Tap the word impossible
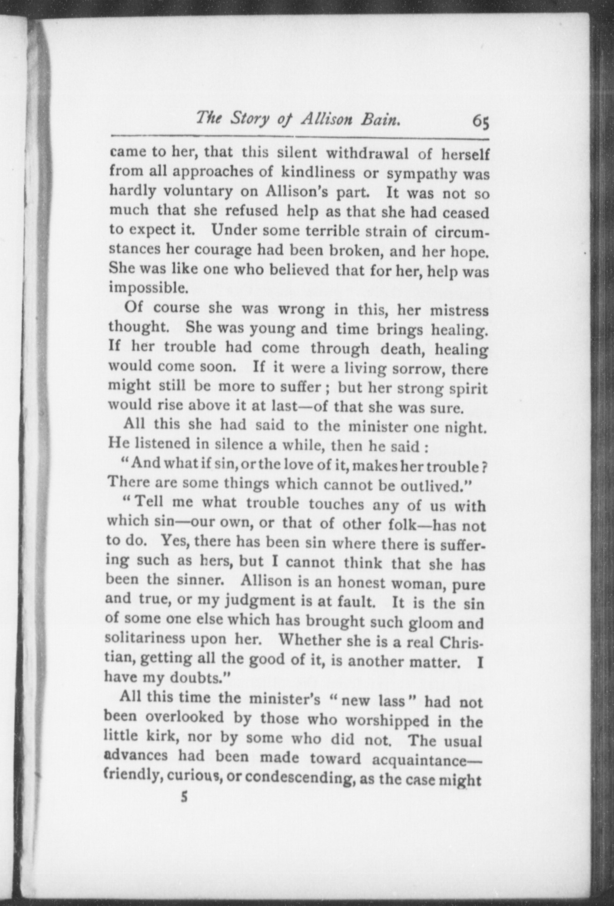(148, 287)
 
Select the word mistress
(459, 311)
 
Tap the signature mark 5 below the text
(184, 797)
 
